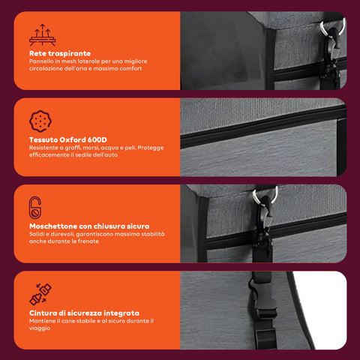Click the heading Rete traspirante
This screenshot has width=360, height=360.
[60, 53]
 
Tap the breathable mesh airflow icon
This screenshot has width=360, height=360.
[42, 35]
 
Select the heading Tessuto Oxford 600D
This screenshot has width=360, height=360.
[68, 139]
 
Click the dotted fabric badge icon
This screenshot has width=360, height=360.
[40, 121]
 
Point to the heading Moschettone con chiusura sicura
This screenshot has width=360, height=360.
[89, 226]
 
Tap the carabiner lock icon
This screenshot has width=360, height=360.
[35, 208]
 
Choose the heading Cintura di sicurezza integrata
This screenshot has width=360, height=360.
[84, 313]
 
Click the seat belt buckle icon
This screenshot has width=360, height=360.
[40, 294]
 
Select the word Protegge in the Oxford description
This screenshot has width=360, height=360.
[151, 148]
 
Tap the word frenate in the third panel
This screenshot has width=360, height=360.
[88, 241]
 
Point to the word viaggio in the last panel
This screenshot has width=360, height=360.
[40, 328]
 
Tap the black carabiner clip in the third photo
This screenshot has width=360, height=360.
[263, 220]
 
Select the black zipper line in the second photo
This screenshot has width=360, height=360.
[263, 127]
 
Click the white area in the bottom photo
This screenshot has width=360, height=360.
[324, 309]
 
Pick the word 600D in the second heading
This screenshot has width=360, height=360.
[97, 139]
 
